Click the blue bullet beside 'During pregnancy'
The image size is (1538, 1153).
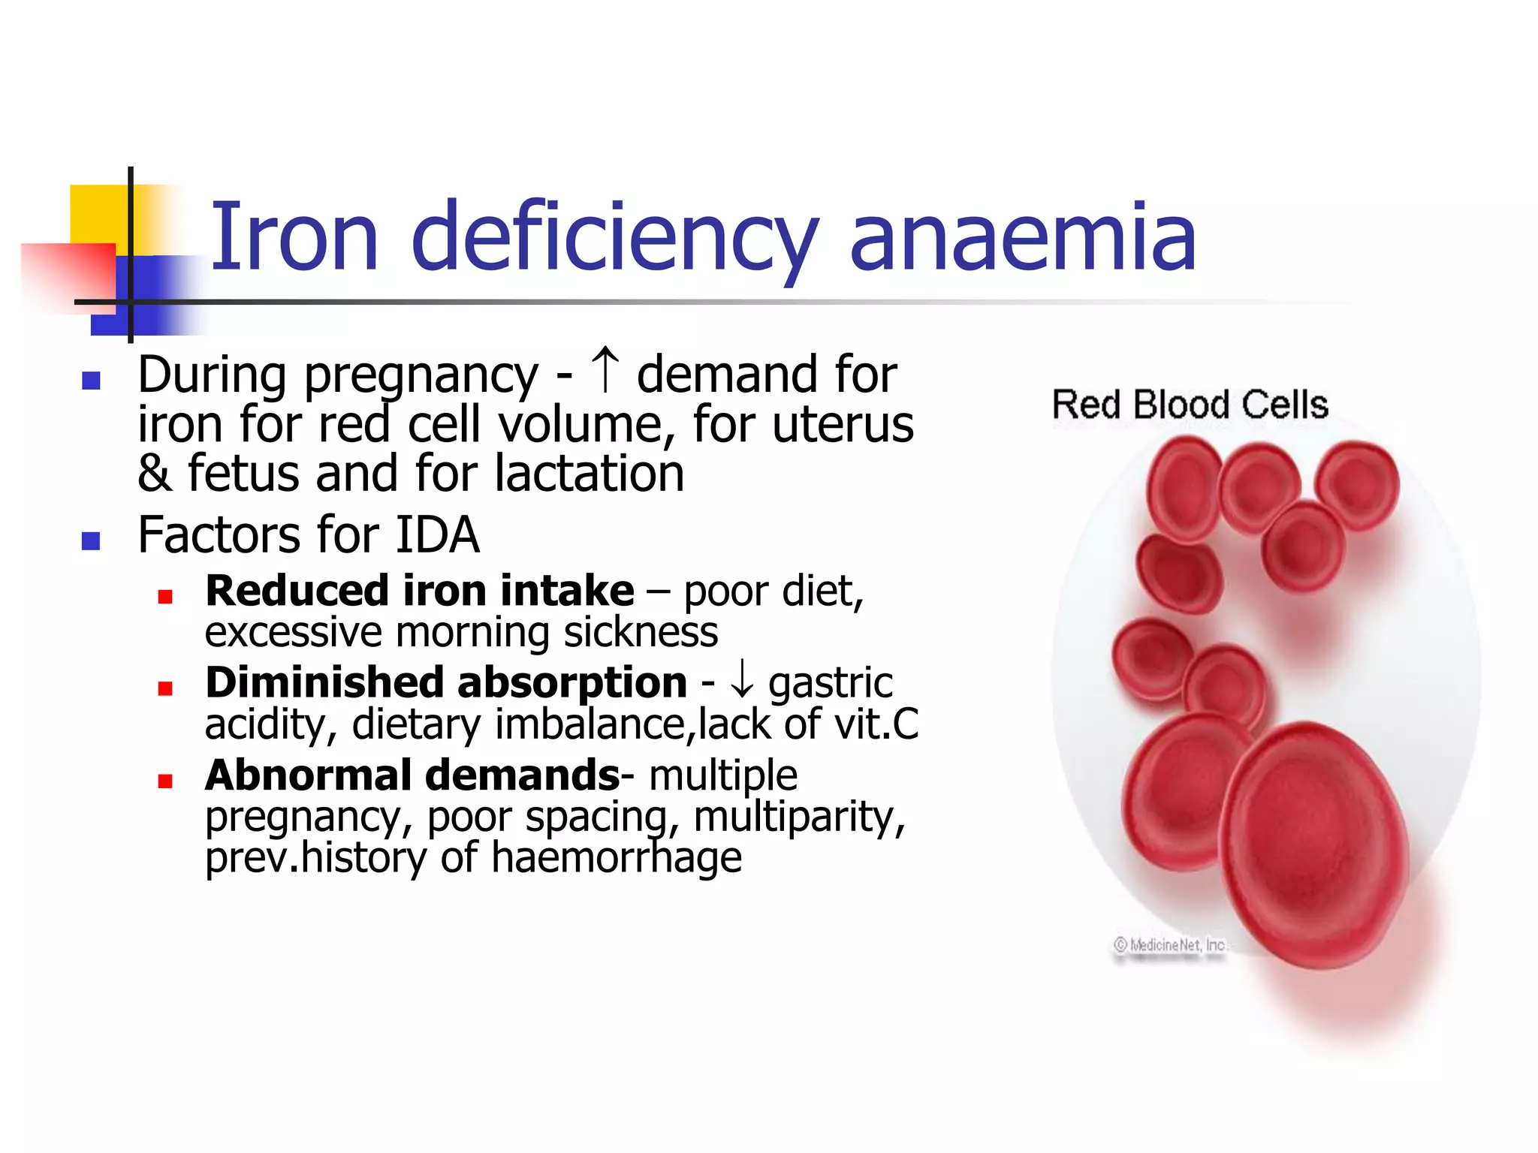[x=92, y=381]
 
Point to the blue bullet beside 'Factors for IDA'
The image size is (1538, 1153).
[x=92, y=540]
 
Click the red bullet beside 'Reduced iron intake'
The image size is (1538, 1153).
[x=166, y=597]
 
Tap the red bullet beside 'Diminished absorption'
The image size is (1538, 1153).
[x=166, y=688]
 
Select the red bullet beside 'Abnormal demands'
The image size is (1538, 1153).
[x=166, y=781]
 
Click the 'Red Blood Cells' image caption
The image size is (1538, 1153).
[x=1190, y=405]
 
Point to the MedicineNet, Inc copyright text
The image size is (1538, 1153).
[x=1170, y=945]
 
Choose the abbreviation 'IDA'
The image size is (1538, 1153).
[x=437, y=535]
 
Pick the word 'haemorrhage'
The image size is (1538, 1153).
[x=617, y=857]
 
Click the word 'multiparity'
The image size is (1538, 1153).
[x=799, y=817]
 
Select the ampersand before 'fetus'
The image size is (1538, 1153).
[x=154, y=474]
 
